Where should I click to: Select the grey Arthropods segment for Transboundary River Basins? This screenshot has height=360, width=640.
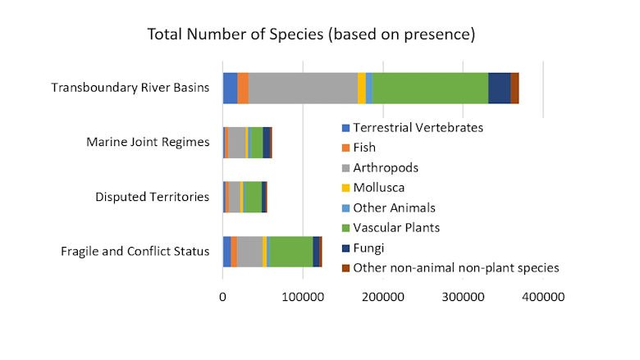coord(303,88)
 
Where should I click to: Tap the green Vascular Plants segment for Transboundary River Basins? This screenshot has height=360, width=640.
coord(430,88)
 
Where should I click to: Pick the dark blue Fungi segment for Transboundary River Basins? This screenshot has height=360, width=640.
coord(499,88)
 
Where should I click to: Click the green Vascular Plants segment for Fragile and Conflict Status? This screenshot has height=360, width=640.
coord(290,251)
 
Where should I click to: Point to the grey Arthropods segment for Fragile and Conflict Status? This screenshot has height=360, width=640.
coord(249,251)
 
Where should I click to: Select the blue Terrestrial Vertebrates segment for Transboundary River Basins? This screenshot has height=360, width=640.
coord(230,88)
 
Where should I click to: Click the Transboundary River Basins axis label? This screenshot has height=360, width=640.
coord(130,88)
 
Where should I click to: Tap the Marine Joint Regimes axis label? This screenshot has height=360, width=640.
coord(148,142)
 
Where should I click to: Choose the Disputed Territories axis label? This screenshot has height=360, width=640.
coord(152,197)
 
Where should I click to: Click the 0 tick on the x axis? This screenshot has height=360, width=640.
coord(222,296)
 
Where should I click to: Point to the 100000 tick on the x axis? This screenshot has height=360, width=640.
coord(303,296)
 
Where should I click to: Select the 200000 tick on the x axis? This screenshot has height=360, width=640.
coord(382,296)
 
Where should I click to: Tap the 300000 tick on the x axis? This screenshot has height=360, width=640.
coord(463,296)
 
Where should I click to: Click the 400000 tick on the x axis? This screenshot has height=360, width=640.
coord(542,296)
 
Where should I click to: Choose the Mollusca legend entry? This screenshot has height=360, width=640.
coord(385,188)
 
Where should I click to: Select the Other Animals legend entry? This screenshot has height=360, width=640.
coord(395,207)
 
